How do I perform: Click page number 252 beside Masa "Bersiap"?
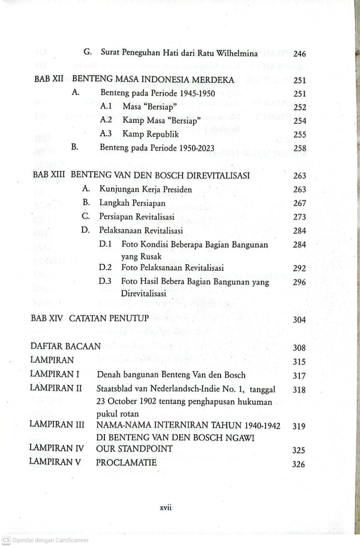click(300, 107)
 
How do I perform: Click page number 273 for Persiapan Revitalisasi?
click(300, 217)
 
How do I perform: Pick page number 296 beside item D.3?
click(300, 283)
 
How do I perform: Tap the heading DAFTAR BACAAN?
click(66, 347)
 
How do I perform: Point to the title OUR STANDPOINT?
click(134, 449)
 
